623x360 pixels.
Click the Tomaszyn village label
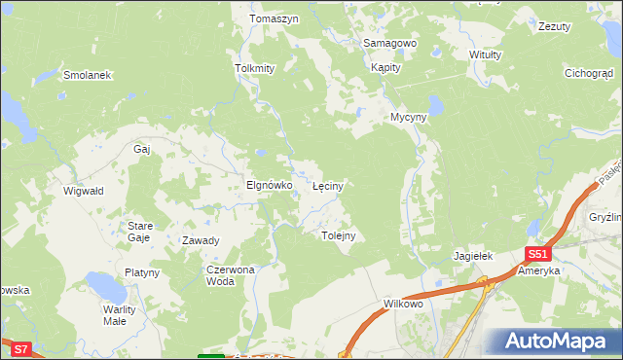click(x=273, y=19)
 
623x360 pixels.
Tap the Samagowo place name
click(x=389, y=44)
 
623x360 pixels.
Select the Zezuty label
click(x=554, y=26)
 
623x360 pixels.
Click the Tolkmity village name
click(x=255, y=69)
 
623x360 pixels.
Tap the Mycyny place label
click(x=409, y=117)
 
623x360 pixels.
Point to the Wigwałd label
click(x=84, y=192)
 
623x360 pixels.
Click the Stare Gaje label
click(x=140, y=232)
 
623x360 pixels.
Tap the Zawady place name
click(x=201, y=240)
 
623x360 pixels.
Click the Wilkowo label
click(x=403, y=305)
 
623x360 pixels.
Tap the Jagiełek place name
click(x=474, y=256)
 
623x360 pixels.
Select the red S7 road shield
click(x=21, y=347)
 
